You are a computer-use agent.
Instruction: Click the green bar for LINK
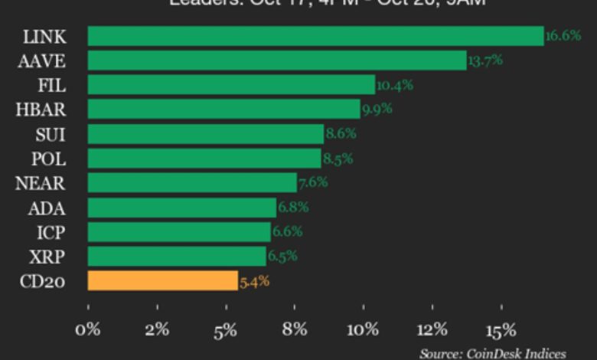click(x=315, y=36)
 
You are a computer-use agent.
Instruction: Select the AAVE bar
click(x=277, y=61)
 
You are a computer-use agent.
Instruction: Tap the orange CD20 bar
click(x=162, y=280)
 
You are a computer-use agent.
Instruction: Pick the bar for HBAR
click(x=223, y=109)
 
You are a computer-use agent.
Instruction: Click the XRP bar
click(x=177, y=256)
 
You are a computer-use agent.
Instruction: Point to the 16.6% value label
click(x=563, y=36)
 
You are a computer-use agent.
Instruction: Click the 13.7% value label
click(x=485, y=61)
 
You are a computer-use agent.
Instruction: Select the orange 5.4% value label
click(x=254, y=281)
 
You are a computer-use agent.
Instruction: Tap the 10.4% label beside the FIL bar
click(x=394, y=85)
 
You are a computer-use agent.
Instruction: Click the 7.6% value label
click(x=312, y=182)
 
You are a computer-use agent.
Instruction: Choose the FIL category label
click(x=51, y=85)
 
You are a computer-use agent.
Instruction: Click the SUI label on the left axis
click(x=50, y=134)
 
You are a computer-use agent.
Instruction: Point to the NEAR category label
click(x=41, y=183)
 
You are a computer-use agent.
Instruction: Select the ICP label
click(x=51, y=232)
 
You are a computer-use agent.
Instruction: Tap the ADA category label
click(x=47, y=208)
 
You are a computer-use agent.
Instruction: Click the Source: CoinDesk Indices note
click(x=492, y=353)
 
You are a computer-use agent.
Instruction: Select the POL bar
click(x=204, y=158)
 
